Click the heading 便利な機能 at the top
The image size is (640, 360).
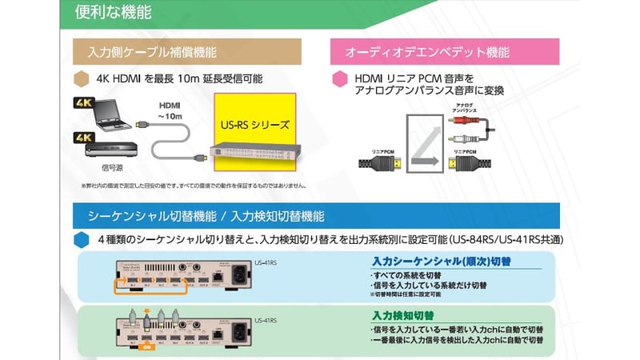[x=113, y=14]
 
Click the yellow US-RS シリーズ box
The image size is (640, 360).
[x=254, y=125]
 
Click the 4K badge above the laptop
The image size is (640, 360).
[x=84, y=103]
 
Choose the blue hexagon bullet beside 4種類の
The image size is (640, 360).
[x=81, y=239]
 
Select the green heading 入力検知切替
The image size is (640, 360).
[x=402, y=315]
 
